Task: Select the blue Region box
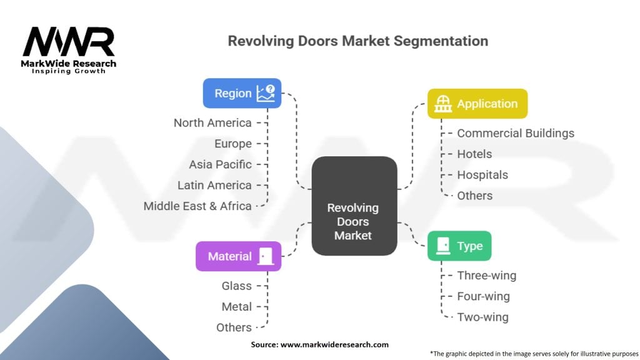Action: point(242,93)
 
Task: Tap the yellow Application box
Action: point(477,104)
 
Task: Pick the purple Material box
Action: point(238,256)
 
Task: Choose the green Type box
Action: point(459,246)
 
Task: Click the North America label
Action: point(212,123)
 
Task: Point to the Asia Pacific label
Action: point(221,164)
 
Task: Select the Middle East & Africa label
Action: point(197,206)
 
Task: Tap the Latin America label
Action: point(214,185)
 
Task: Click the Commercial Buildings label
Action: point(515,133)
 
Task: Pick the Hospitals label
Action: point(482,175)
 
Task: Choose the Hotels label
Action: point(474,154)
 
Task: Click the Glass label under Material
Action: point(236,286)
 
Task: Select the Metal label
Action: point(236,307)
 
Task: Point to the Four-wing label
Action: point(483,296)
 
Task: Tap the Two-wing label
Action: point(482,317)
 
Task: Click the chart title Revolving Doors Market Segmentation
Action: point(357,41)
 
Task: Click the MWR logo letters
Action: point(69,42)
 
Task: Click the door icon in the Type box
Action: point(443,246)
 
